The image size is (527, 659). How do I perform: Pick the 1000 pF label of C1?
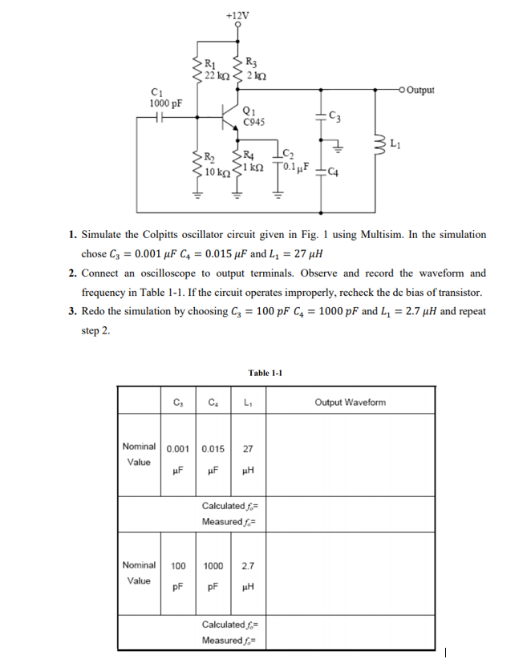[x=165, y=103]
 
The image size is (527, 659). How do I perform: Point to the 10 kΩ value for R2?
[x=217, y=172]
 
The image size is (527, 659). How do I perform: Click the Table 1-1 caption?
[x=266, y=373]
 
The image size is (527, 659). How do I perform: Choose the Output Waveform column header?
[x=350, y=402]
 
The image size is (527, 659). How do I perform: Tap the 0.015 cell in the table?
[x=213, y=448]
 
